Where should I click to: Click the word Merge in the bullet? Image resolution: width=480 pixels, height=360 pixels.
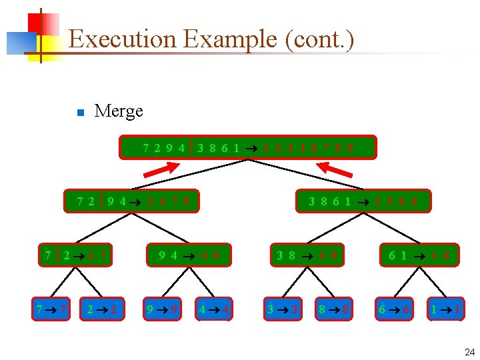coord(119,111)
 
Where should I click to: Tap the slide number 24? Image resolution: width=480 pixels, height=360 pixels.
coord(469,352)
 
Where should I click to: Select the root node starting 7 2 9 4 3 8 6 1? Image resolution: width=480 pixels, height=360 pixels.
coord(248,147)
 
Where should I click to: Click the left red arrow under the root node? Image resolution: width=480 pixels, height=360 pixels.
coord(161,171)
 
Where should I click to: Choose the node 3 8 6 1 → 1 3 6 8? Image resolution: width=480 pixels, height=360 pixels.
coord(363,201)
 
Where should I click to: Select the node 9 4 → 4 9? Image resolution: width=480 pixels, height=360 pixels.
coord(189,255)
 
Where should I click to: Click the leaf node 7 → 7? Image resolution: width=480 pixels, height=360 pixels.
coord(51,309)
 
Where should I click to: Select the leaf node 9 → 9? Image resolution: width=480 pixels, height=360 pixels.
coord(162,309)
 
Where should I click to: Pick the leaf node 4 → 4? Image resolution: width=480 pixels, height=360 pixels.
coord(214,309)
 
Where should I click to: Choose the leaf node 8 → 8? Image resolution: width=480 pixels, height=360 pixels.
coord(333,309)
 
